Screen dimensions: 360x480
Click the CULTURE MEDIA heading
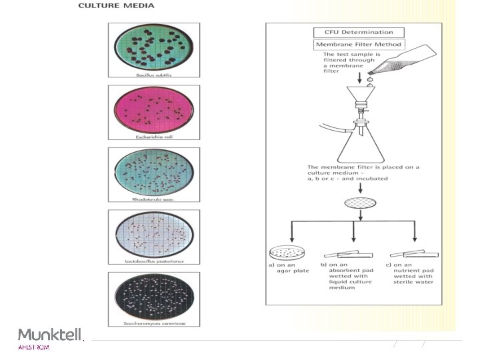pos(116,6)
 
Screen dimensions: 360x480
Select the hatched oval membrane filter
pos(360,203)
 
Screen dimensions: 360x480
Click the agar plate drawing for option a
pos(288,254)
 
